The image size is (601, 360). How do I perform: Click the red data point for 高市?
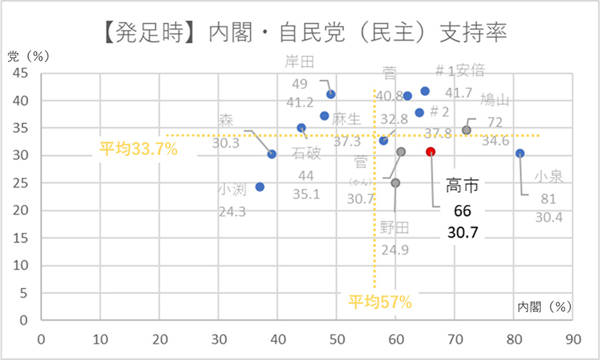pyautogui.click(x=431, y=152)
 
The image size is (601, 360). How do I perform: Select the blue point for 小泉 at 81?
pyautogui.click(x=520, y=154)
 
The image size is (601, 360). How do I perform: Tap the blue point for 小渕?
pyautogui.click(x=260, y=187)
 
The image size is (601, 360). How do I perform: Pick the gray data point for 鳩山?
pyautogui.click(x=467, y=130)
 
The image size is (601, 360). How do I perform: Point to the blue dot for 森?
pyautogui.click(x=272, y=154)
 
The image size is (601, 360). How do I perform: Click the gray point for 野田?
pyautogui.click(x=395, y=183)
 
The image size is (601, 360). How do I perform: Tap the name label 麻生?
pyautogui.click(x=347, y=120)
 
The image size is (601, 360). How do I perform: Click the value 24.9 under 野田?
pyautogui.click(x=395, y=250)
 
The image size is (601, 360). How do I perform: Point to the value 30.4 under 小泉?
pyautogui.click(x=548, y=218)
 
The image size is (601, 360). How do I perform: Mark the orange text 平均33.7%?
pyautogui.click(x=138, y=149)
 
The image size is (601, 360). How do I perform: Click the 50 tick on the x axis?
pyautogui.click(x=337, y=339)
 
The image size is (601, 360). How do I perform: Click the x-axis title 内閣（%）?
pyautogui.click(x=545, y=307)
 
